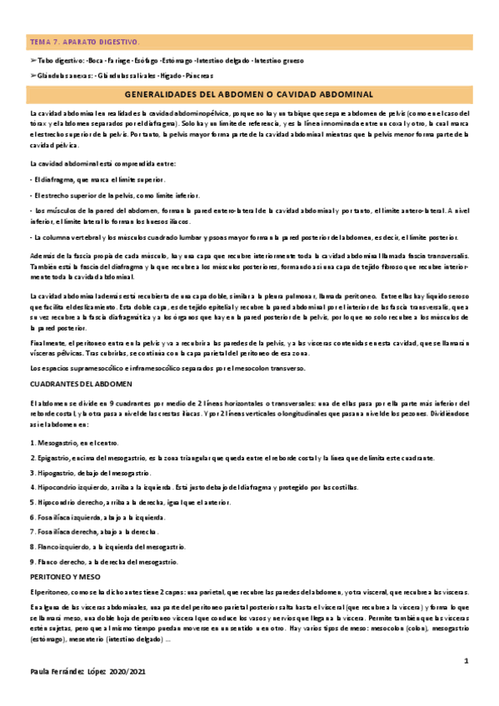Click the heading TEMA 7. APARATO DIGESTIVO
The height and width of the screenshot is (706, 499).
tap(85, 41)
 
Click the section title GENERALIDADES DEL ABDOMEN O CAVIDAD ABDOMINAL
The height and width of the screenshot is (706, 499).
tap(250, 95)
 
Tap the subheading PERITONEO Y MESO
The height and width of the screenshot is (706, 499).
tap(63, 575)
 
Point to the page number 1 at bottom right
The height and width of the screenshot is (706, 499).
tap(467, 660)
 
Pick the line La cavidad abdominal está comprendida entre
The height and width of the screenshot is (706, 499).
tap(102, 163)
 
